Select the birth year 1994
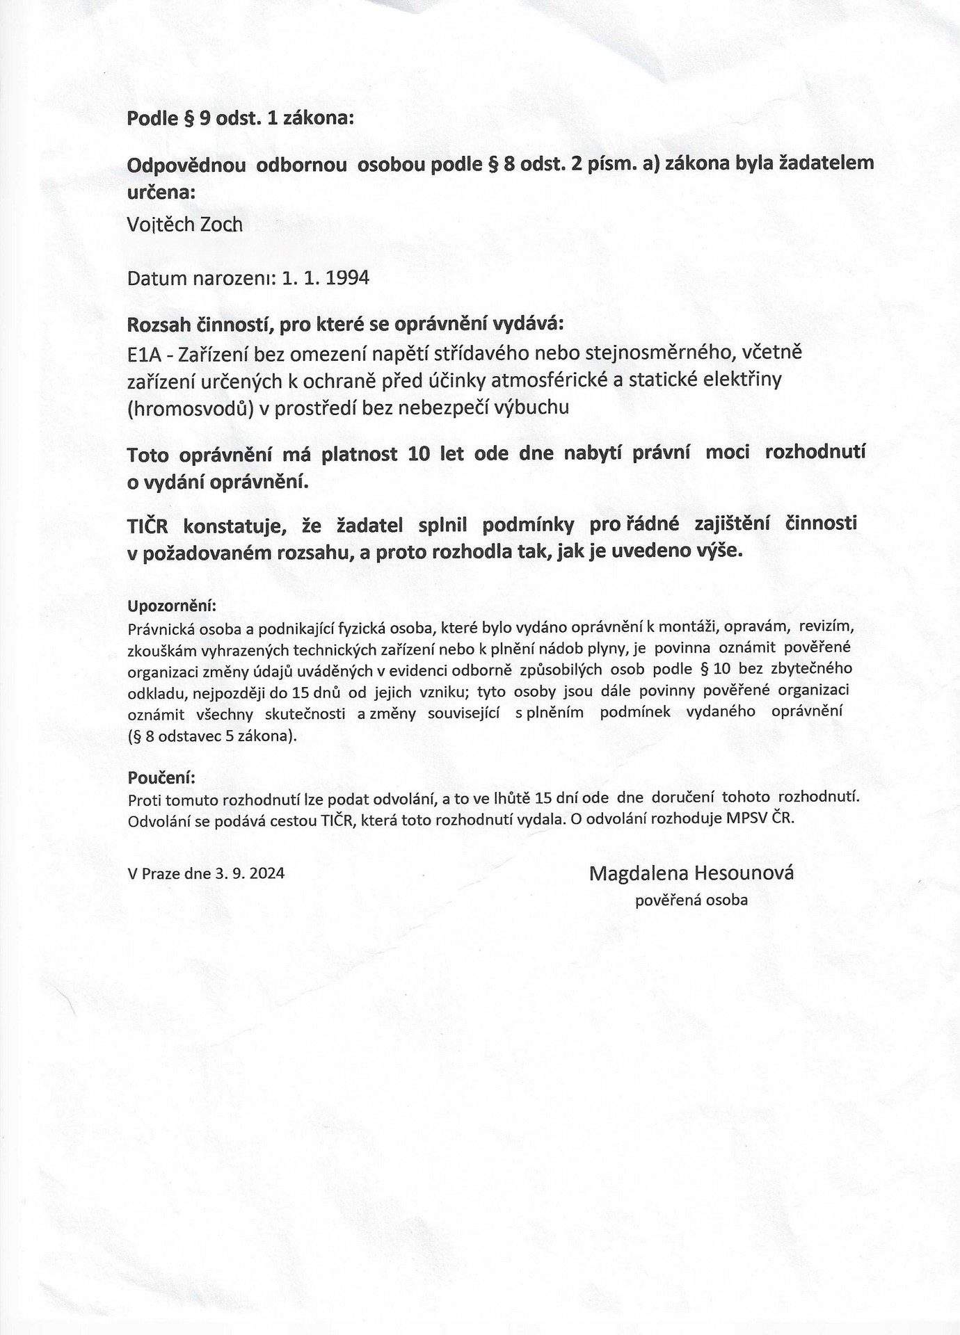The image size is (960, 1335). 346,278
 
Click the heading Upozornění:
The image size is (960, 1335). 172,605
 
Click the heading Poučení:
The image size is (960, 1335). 161,776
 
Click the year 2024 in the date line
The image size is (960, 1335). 266,873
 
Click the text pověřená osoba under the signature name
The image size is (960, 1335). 691,900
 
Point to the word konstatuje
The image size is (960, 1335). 235,526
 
